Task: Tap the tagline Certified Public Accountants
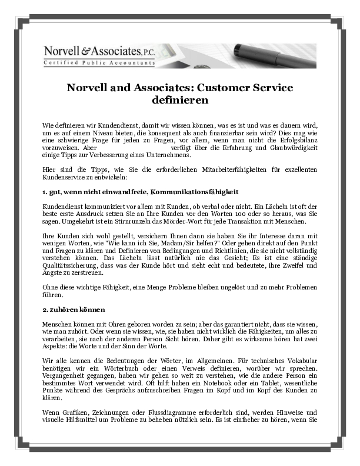point(99,62)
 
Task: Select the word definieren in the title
point(179,100)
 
